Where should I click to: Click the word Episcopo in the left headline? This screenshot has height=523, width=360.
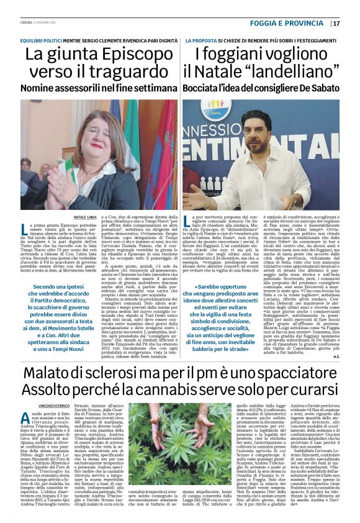click(x=122, y=54)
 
